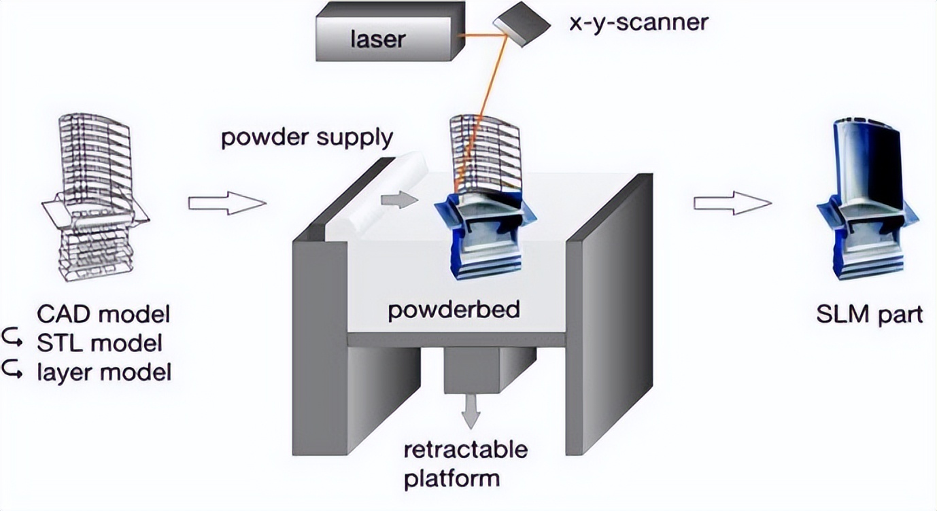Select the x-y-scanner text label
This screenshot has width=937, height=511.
coord(638,23)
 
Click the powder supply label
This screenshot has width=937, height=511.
coord(307,138)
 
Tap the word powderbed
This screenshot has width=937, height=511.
coord(454,310)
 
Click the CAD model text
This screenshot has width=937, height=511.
coord(104,315)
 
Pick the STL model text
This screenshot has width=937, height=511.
coord(100,343)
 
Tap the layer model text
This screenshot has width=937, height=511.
coord(105,372)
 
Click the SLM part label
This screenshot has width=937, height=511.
coord(870,315)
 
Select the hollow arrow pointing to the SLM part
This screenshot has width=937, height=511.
coord(733,202)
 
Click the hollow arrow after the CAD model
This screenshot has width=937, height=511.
coord(226,202)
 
